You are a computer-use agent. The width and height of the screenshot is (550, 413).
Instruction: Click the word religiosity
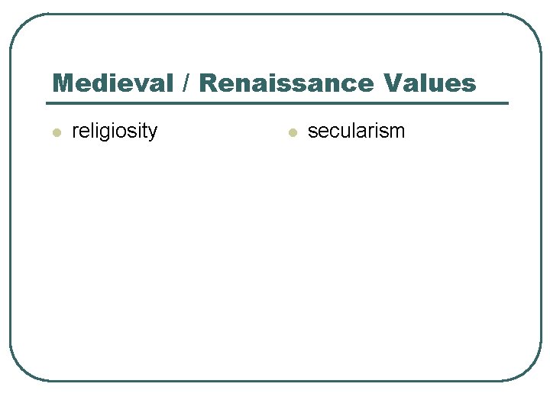pyautogui.click(x=114, y=132)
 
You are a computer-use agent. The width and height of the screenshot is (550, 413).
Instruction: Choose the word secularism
pyautogui.click(x=356, y=132)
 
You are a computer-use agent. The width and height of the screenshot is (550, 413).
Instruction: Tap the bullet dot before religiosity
pyautogui.click(x=56, y=133)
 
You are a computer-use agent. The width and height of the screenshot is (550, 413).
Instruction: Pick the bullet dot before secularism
pyautogui.click(x=291, y=133)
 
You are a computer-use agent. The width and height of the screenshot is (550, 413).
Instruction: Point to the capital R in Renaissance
pyautogui.click(x=209, y=83)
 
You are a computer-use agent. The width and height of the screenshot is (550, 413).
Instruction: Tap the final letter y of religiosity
pyautogui.click(x=153, y=133)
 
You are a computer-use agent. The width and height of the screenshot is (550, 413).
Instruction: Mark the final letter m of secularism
pyautogui.click(x=397, y=132)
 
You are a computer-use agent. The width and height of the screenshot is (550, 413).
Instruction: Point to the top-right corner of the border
pyautogui.click(x=532, y=24)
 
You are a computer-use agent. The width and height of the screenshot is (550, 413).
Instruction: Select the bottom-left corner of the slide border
pyautogui.click(x=20, y=370)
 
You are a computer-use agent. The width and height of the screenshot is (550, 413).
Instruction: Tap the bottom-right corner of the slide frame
pyautogui.click(x=531, y=370)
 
